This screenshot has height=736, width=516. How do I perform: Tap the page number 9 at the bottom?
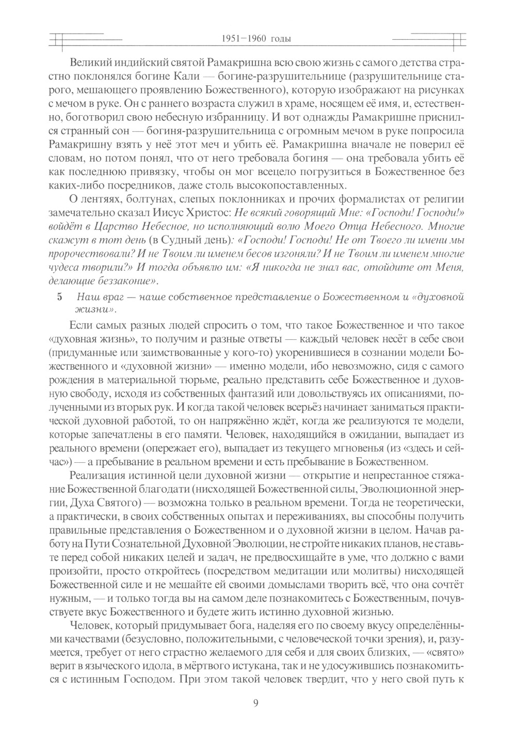256,702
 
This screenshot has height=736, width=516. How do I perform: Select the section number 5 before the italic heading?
59,297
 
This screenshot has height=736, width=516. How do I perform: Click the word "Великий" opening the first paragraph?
86,64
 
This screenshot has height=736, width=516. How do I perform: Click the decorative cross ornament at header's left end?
58,39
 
